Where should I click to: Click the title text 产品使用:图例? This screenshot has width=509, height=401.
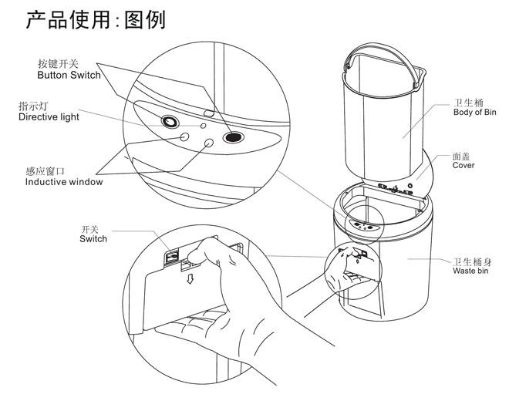[x=96, y=19]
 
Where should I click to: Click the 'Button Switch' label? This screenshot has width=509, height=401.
[x=69, y=76]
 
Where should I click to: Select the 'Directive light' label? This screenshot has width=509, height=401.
[x=49, y=117]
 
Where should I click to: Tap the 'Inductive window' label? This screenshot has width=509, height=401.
[x=63, y=182]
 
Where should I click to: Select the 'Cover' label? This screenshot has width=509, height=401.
[x=463, y=166]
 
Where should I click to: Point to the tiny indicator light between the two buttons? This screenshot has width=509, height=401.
[x=203, y=124]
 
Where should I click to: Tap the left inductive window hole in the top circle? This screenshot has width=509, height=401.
[x=184, y=136]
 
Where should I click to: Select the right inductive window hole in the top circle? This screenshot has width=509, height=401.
[x=209, y=143]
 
